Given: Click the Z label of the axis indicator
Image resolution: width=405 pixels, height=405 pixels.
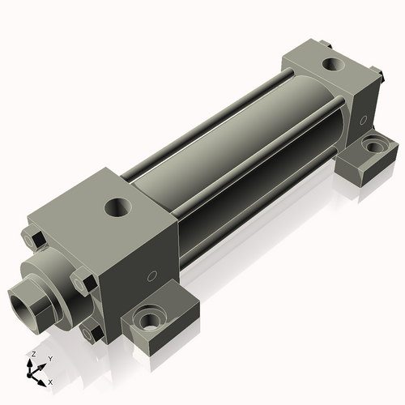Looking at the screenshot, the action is (x=34, y=354).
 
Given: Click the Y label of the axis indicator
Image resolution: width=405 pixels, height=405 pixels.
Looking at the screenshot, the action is (x=50, y=359).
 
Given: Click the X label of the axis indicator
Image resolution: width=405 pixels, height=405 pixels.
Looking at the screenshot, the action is (x=50, y=382).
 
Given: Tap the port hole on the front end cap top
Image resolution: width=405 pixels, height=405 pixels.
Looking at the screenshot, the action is (x=118, y=207).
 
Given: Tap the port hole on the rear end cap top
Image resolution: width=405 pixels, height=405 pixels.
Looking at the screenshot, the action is (x=334, y=65).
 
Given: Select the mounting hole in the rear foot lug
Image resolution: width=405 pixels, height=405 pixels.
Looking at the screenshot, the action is (x=374, y=146).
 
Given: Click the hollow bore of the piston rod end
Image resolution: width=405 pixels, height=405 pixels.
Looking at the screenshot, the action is (x=22, y=305).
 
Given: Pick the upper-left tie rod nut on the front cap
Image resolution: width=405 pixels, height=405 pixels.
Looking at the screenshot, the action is (x=32, y=238).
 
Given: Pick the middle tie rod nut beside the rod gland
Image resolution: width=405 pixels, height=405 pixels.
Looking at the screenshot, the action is (x=83, y=281).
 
